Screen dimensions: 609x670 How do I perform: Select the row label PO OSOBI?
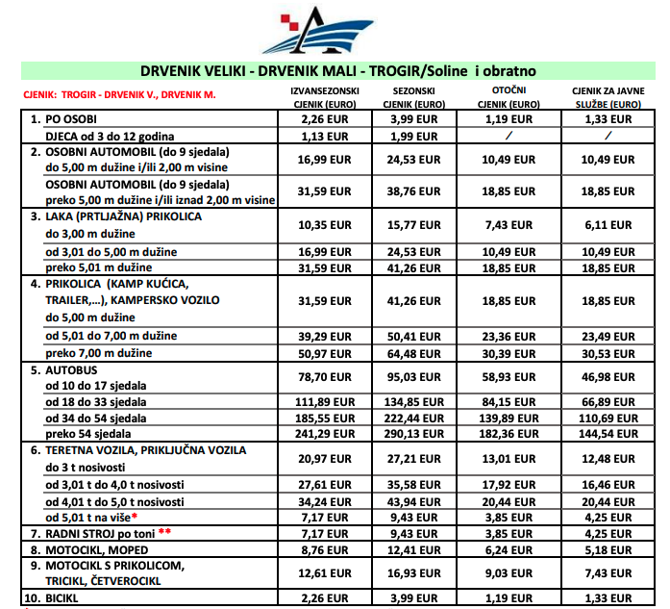tap(68, 118)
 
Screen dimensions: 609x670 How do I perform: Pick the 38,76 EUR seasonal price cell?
tap(417, 191)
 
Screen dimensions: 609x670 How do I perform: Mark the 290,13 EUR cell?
tap(417, 434)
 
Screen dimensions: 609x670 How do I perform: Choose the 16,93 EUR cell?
tap(417, 573)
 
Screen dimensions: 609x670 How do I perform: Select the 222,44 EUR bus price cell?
tap(417, 418)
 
